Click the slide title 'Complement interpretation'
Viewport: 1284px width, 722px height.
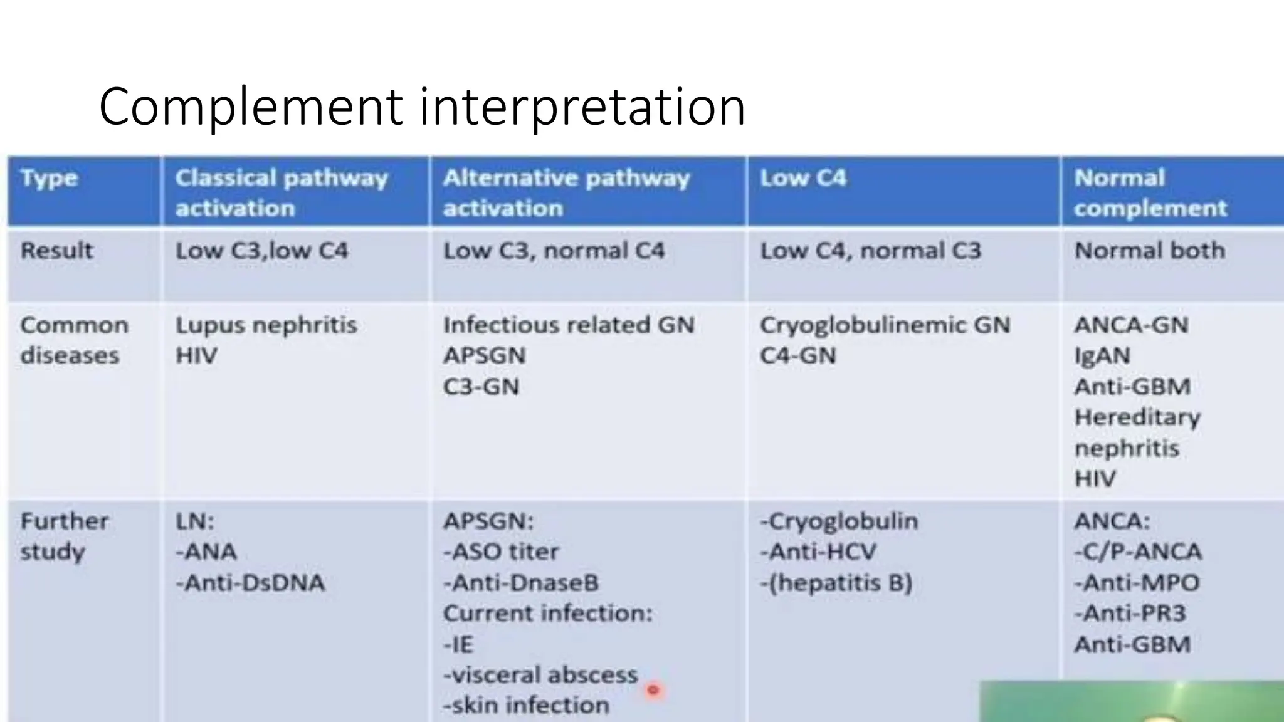pyautogui.click(x=422, y=107)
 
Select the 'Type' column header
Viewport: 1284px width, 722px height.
pyautogui.click(x=49, y=179)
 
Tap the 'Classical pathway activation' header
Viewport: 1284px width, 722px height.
pyautogui.click(x=282, y=192)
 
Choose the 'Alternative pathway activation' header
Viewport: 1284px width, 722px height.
pyautogui.click(x=566, y=192)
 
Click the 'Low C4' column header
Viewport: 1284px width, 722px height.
pyautogui.click(x=803, y=179)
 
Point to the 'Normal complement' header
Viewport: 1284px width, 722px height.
pyautogui.click(x=1150, y=192)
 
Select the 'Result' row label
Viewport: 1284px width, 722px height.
pyautogui.click(x=56, y=251)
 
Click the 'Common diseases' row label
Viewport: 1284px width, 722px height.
pyautogui.click(x=74, y=340)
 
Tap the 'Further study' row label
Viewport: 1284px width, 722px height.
pyautogui.click(x=64, y=536)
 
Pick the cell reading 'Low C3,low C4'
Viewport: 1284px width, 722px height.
pyautogui.click(x=261, y=251)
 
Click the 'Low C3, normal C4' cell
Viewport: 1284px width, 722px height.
pyautogui.click(x=554, y=251)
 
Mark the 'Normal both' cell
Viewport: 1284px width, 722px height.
pyautogui.click(x=1149, y=251)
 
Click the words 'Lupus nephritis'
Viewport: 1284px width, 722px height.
pyautogui.click(x=266, y=325)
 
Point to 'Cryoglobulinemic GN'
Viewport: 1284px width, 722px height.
pyautogui.click(x=885, y=325)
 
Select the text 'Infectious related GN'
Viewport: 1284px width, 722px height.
pyautogui.click(x=569, y=325)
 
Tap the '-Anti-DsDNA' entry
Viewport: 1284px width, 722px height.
pyautogui.click(x=250, y=583)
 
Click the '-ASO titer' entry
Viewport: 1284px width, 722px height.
pyautogui.click(x=501, y=552)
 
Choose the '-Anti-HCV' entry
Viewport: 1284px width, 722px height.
pyautogui.click(x=818, y=552)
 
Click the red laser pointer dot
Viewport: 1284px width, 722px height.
pyautogui.click(x=653, y=690)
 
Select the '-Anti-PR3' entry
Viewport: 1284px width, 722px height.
pyautogui.click(x=1130, y=613)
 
